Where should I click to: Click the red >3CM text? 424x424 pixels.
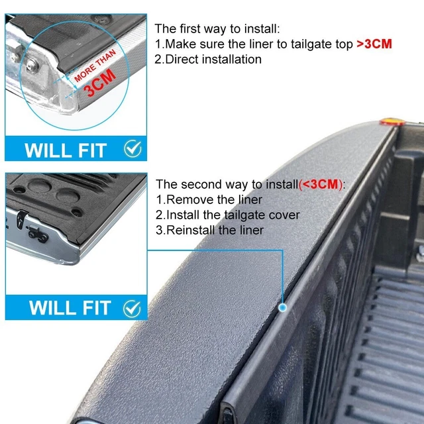[x=374, y=44]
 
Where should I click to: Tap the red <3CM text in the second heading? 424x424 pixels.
[x=321, y=184]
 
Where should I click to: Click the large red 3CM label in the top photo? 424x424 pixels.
[x=100, y=83]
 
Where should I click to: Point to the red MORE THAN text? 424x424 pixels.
[x=95, y=66]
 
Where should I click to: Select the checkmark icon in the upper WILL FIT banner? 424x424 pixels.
[x=132, y=148]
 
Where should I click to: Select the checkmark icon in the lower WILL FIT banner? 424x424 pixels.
[x=132, y=309]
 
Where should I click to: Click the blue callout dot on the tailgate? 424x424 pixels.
[x=283, y=307]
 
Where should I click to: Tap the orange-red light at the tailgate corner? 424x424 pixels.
[x=392, y=122]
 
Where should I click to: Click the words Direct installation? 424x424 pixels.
[x=213, y=60]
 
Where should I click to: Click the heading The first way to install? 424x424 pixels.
[x=217, y=28]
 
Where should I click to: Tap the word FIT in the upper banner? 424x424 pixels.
[x=92, y=150]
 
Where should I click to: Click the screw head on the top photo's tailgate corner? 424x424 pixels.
[x=32, y=65]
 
